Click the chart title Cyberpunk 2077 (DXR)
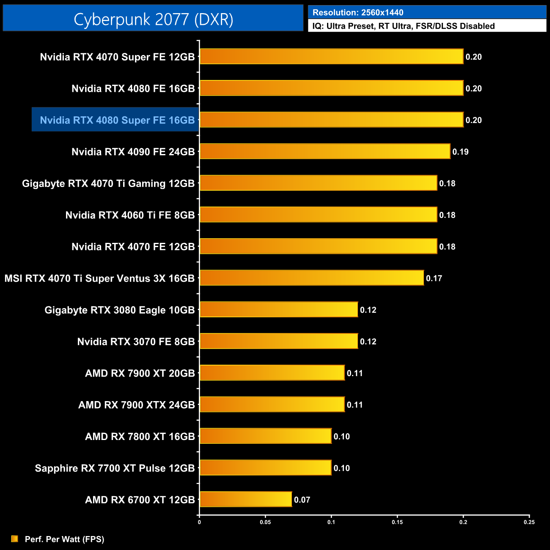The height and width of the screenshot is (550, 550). point(153,19)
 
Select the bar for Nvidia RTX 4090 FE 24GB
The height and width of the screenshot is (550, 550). point(324,151)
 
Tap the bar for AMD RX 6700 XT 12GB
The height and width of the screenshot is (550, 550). point(245,499)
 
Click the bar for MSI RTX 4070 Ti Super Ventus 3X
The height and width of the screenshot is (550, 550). point(311,278)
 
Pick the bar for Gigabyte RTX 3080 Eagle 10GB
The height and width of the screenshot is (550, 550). point(278,310)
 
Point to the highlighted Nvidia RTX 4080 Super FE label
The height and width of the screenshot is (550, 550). point(117,120)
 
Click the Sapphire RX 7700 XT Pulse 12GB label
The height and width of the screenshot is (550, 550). point(115,468)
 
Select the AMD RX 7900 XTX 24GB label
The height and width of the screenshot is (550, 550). point(136,405)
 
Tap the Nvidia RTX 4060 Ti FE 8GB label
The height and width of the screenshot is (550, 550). point(130,215)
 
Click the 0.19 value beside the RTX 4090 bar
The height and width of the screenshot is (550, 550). point(460,152)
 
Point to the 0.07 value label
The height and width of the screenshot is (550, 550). point(302,500)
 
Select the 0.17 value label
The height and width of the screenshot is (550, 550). point(434,278)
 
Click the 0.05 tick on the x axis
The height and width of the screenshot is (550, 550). point(265,522)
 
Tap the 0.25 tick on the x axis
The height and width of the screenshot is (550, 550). point(529,522)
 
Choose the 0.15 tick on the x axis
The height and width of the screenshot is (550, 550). point(397,522)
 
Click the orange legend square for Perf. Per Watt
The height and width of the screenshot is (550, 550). point(15,539)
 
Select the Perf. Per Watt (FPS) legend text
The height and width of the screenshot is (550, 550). point(64,539)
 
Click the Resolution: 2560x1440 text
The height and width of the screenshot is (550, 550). point(358,13)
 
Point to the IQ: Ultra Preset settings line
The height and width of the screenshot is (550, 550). point(404,26)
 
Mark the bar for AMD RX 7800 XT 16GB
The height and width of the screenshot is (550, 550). point(265,436)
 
